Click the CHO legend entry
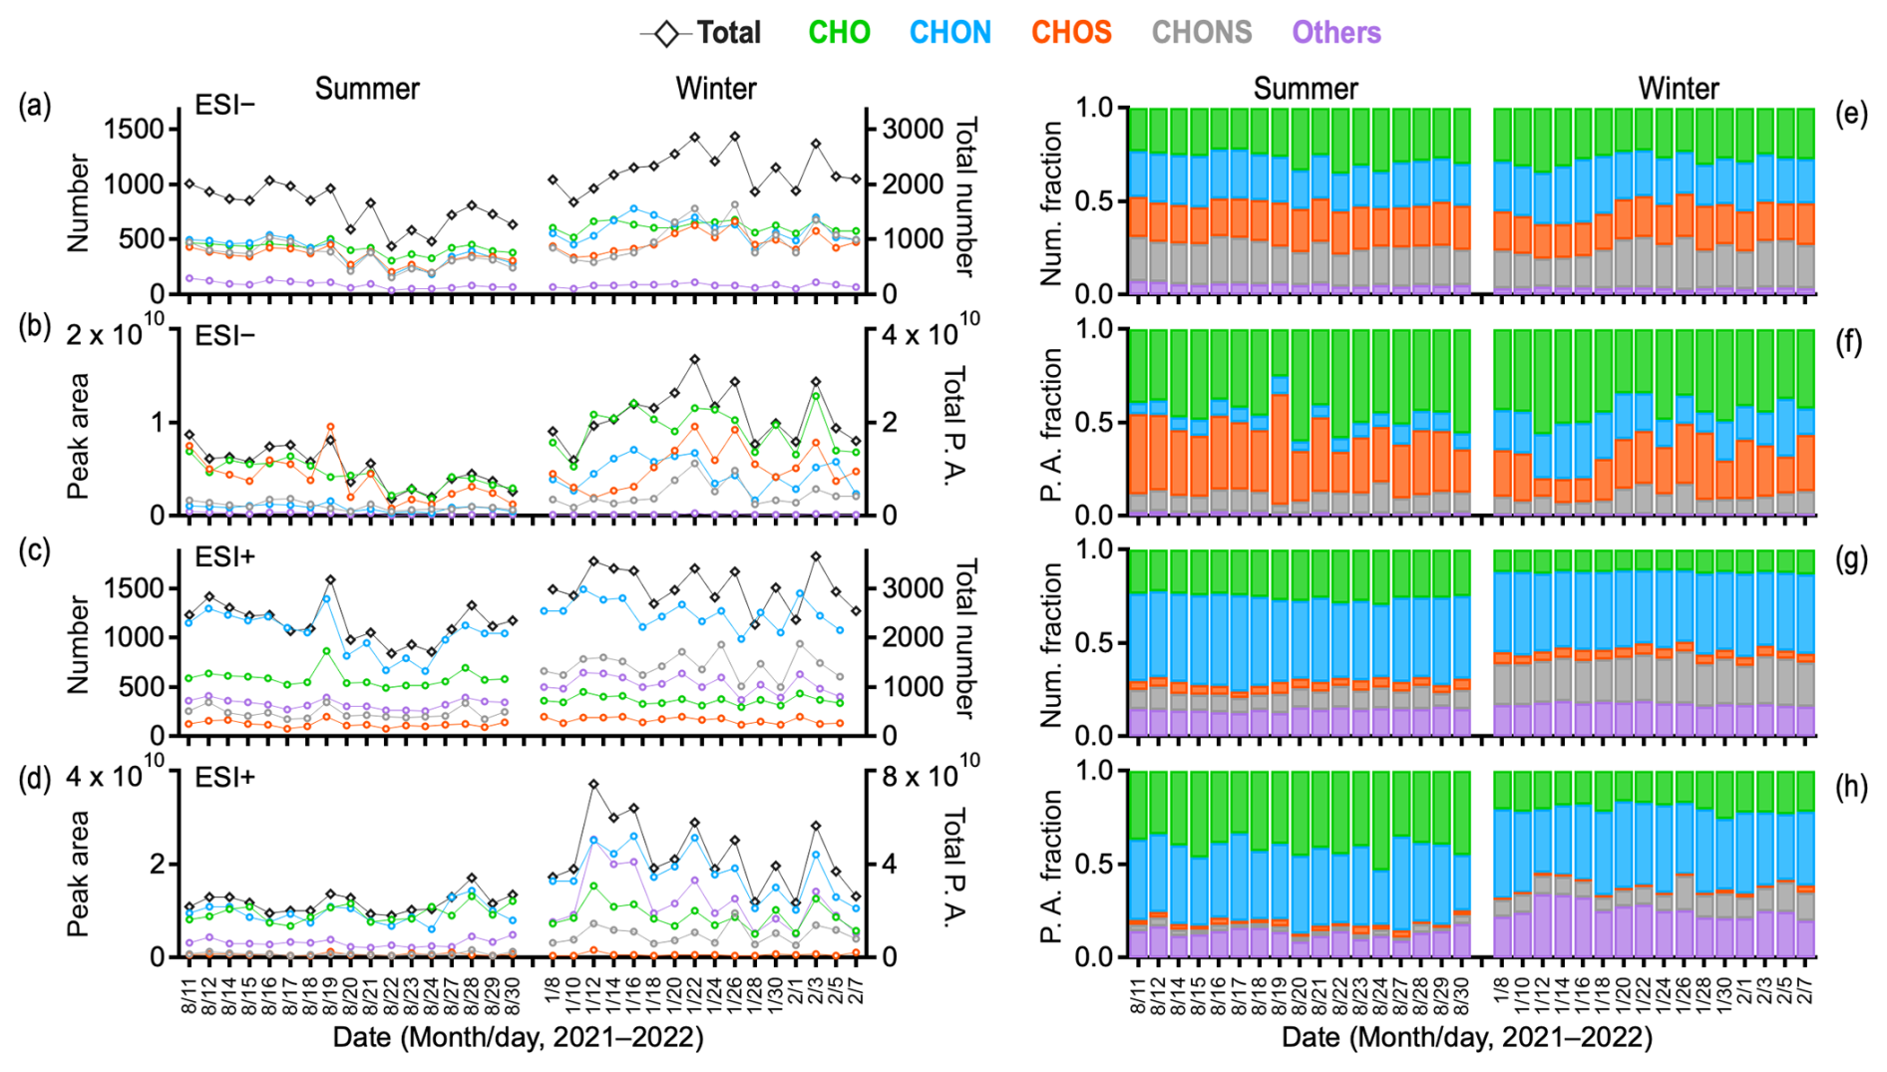839,33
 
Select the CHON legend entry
949,33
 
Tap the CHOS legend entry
1071,33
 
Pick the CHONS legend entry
1202,33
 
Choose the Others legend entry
1336,33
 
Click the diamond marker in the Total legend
666,34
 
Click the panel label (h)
1851,787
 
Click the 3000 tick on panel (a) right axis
913,129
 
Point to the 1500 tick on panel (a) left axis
135,129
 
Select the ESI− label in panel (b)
224,336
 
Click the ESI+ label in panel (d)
225,777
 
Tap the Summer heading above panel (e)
1305,89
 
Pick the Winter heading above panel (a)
715,89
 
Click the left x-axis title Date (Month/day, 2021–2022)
518,1037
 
